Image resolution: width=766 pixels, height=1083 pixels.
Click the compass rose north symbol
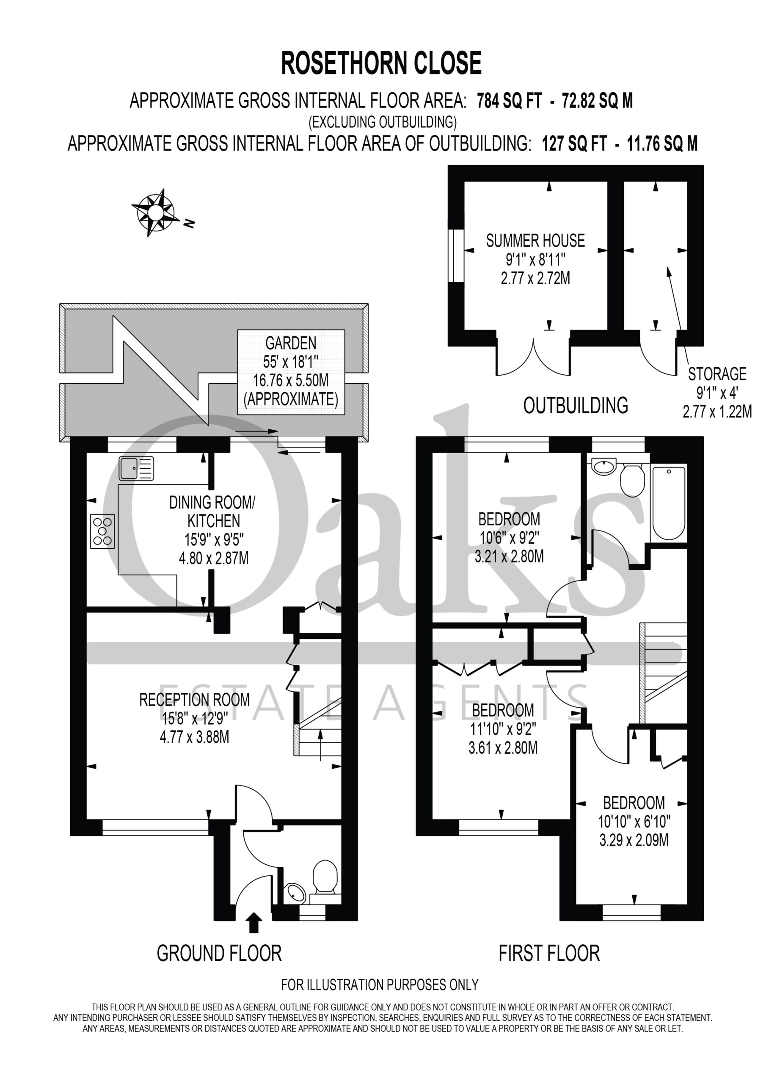tap(155, 213)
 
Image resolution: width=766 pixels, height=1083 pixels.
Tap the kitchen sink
tap(136, 469)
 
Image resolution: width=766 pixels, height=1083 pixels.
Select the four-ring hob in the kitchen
tap(102, 531)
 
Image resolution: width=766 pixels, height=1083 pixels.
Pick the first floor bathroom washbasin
tap(603, 467)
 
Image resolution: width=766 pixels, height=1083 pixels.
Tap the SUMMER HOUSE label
tap(535, 241)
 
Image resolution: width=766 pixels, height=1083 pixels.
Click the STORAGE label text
tap(717, 374)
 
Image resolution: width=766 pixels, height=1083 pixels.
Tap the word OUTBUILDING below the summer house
tap(576, 406)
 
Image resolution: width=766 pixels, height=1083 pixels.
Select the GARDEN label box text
tap(291, 371)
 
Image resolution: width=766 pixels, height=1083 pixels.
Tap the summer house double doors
tap(533, 357)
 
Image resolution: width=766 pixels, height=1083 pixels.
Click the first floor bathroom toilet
tap(632, 480)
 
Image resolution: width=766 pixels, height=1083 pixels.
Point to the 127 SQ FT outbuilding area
tap(574, 143)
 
